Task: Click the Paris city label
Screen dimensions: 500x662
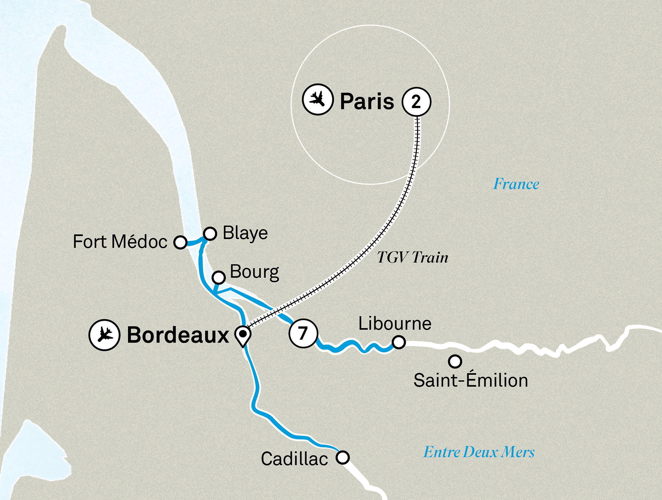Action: click(x=367, y=101)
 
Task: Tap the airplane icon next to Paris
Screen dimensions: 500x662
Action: click(x=317, y=99)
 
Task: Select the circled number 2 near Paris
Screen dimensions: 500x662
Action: click(x=416, y=102)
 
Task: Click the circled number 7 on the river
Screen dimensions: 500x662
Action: click(x=303, y=333)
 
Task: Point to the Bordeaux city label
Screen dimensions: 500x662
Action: click(x=178, y=335)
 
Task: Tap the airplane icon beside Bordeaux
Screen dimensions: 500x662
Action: click(x=104, y=335)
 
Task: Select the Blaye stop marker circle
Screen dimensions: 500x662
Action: click(x=210, y=234)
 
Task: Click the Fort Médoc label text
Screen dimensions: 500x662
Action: click(x=120, y=242)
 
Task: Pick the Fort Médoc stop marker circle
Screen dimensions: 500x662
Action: click(x=180, y=242)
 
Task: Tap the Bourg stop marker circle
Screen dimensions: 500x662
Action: click(x=218, y=277)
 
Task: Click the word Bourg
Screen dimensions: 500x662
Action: click(x=254, y=272)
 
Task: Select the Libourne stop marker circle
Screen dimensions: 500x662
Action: click(x=399, y=342)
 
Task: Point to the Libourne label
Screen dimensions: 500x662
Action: click(x=395, y=323)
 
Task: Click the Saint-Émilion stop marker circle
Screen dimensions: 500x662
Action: click(x=455, y=361)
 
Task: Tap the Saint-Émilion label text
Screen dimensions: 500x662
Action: click(x=470, y=380)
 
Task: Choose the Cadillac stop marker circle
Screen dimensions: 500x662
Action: click(x=343, y=457)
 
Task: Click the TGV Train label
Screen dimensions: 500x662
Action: click(x=412, y=257)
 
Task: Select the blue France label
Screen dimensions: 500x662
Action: click(x=516, y=184)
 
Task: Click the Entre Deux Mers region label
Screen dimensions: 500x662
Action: click(x=479, y=452)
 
